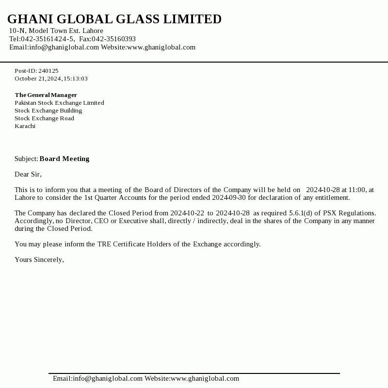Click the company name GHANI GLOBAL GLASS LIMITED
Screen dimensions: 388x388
(x=114, y=19)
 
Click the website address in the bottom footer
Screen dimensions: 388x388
(x=205, y=378)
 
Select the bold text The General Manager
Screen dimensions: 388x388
(x=46, y=95)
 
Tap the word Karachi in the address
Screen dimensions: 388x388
(x=25, y=126)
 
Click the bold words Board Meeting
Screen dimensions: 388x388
(x=65, y=159)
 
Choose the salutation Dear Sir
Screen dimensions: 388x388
(x=28, y=174)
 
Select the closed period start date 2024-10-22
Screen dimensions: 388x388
(x=187, y=213)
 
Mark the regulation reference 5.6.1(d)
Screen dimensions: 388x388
(x=301, y=213)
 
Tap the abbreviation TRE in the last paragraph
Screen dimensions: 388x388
(x=104, y=244)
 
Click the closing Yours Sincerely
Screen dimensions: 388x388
(x=39, y=259)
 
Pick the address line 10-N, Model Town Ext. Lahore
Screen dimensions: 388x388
(x=56, y=31)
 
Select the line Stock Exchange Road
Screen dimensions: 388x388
(x=44, y=118)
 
